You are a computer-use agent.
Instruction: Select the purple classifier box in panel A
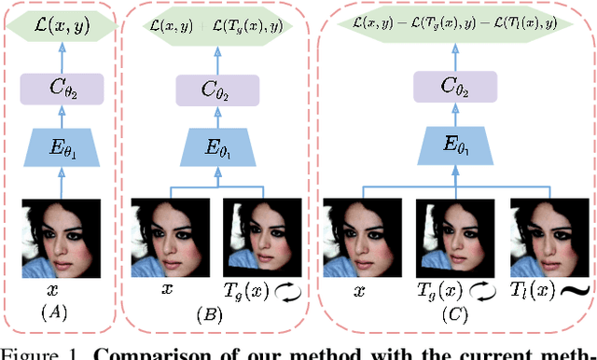[x=60, y=91]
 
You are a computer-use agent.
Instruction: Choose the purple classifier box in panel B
[x=215, y=91]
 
